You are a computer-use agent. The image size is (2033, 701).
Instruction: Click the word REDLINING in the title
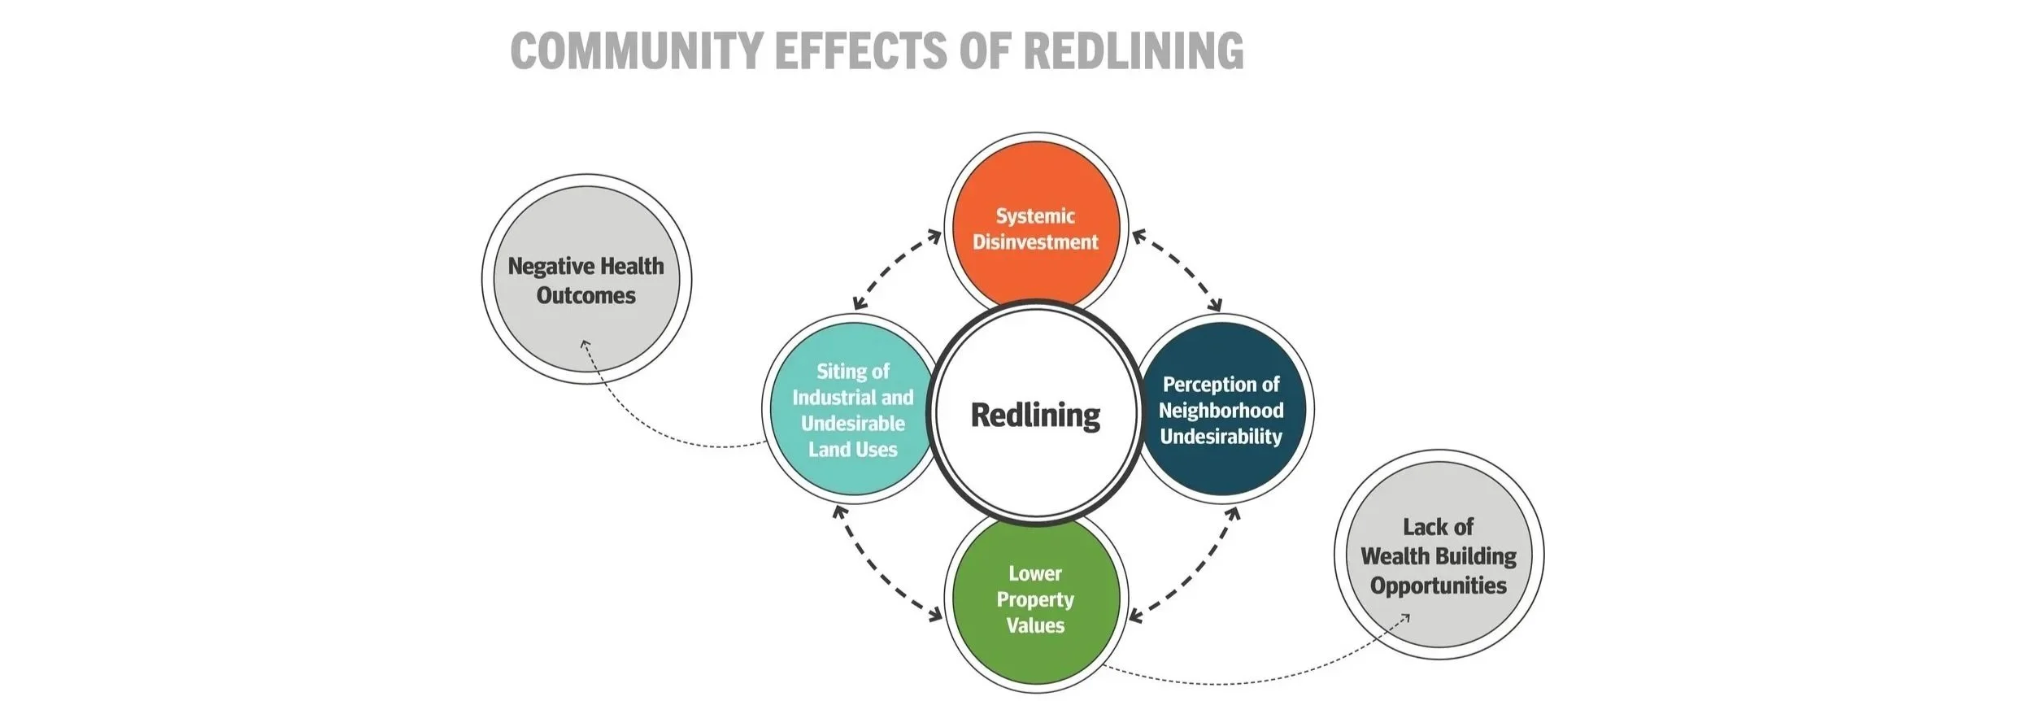tap(1133, 50)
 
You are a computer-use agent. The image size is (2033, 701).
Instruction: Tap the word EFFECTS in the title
tap(860, 50)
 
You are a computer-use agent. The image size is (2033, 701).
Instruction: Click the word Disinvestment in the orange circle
tap(1035, 242)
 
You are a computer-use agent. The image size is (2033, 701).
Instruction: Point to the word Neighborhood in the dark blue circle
tap(1221, 411)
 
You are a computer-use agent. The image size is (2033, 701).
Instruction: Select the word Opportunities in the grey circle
tap(1439, 586)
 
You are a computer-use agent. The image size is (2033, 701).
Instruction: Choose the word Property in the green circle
tap(1035, 600)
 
